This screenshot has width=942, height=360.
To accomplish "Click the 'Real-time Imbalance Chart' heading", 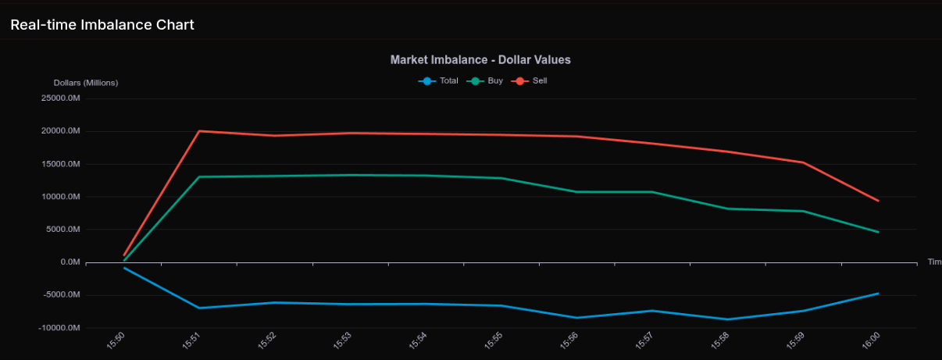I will click(102, 24).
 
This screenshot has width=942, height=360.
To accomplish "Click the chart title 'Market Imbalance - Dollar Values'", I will click(480, 59).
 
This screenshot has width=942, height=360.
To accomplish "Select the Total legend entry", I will click(439, 80).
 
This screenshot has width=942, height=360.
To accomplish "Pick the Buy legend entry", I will click(486, 80).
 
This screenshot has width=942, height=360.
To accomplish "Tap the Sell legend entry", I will click(530, 80).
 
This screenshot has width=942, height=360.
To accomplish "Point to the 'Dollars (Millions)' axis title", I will click(86, 83).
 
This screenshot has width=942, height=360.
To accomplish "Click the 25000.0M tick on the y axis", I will click(61, 98).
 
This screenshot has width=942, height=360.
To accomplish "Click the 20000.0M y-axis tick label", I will click(61, 131).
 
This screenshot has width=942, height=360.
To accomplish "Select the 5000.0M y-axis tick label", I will click(63, 230).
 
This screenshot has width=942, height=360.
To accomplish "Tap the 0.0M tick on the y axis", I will click(70, 262).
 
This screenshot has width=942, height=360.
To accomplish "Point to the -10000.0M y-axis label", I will click(59, 328).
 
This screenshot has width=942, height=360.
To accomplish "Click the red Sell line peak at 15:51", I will click(199, 131).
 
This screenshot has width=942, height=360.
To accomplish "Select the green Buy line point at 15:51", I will click(199, 176).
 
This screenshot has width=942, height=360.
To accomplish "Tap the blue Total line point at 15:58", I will click(728, 319).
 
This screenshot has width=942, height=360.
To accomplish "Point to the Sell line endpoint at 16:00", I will click(879, 201).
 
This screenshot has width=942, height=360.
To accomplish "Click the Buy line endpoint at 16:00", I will click(879, 232).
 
